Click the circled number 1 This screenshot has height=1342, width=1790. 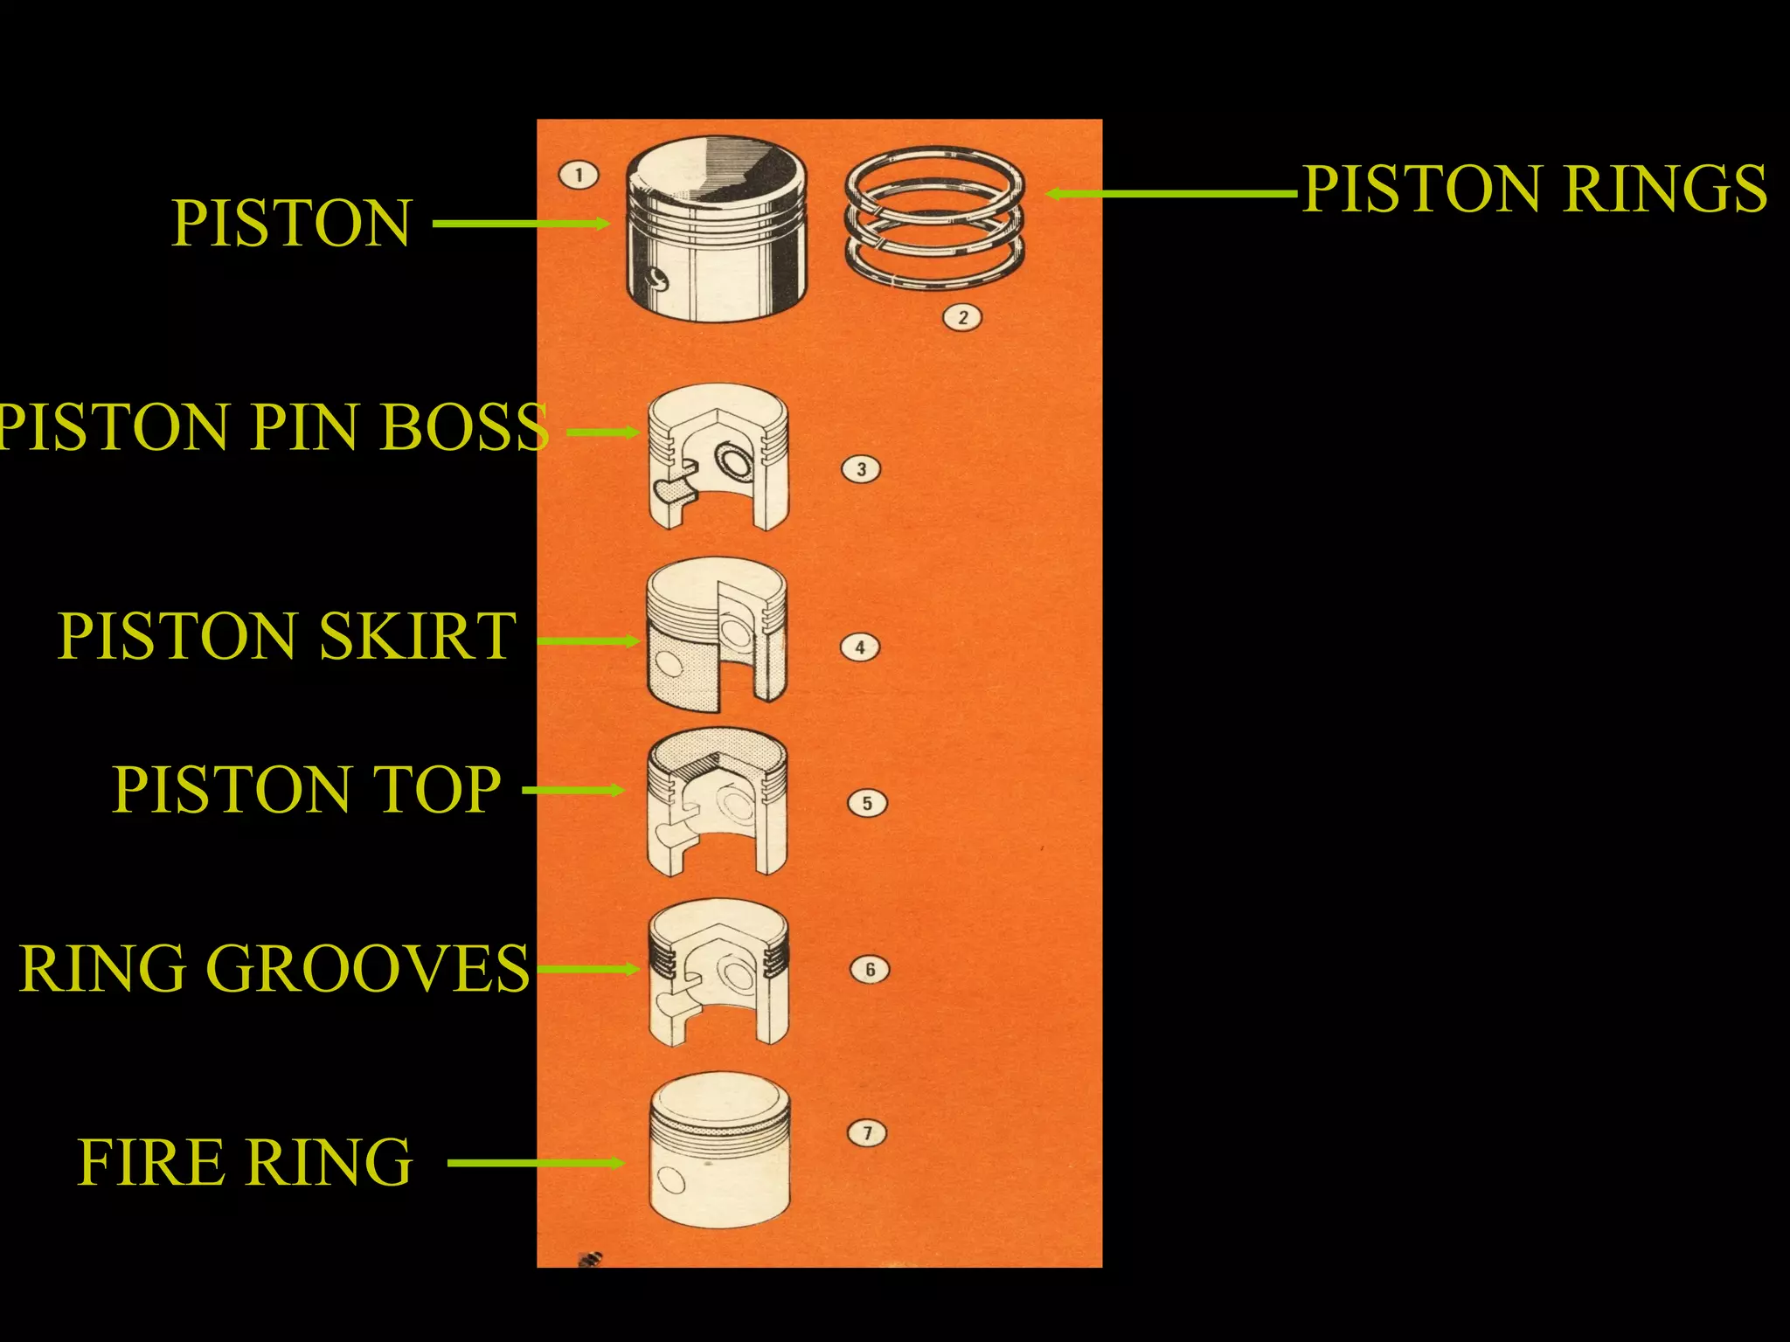578,175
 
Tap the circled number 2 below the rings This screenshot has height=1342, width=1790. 962,317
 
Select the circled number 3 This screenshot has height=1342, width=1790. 861,469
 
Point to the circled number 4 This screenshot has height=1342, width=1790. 860,647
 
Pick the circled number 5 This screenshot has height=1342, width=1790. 867,803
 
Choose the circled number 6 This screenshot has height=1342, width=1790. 870,969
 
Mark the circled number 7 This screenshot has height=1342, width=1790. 867,1133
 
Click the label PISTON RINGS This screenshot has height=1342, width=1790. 1534,189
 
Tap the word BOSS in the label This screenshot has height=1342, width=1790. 464,427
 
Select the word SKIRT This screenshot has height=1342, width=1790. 418,636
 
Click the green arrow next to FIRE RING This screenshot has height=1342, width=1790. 535,1163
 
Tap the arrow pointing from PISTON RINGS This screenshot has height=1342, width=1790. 1171,194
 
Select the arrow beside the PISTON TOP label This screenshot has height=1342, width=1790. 572,791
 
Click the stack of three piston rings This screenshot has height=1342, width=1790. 934,218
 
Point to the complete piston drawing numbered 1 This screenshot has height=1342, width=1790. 716,229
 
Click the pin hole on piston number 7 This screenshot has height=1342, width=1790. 672,1181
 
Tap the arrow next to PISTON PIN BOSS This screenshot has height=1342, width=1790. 603,432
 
